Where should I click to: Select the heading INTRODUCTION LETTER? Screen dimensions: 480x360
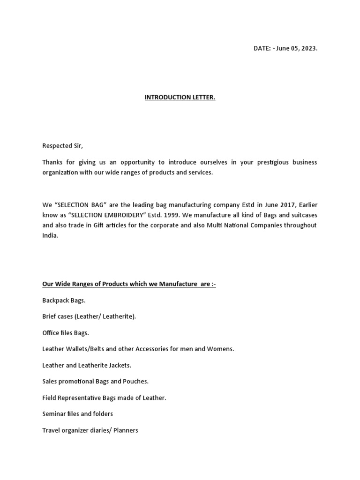[180, 97]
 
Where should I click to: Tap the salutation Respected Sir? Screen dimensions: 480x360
[62, 146]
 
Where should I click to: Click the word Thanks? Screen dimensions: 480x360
[52, 162]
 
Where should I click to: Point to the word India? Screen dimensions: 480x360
[50, 235]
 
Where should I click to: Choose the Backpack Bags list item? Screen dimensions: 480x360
[64, 300]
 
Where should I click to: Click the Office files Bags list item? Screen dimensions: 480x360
[66, 333]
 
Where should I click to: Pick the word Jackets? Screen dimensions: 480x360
[120, 365]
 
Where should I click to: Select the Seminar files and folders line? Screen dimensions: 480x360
[77, 414]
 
